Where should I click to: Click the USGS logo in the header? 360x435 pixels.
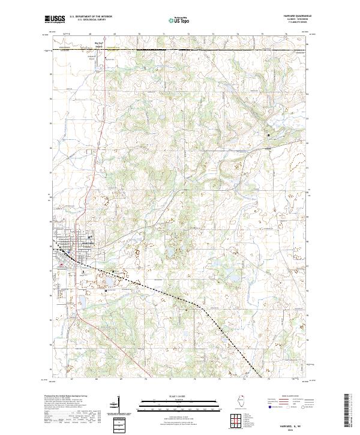coord(55,19)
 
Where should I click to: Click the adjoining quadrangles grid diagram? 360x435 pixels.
coord(235,419)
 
